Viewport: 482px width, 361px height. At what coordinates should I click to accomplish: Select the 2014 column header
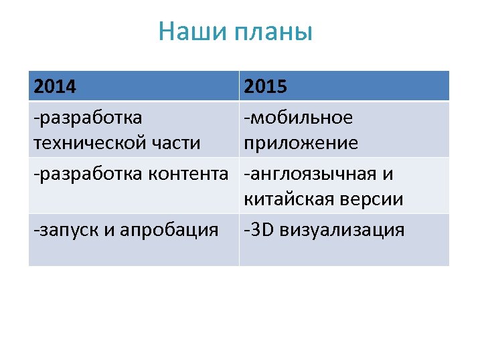point(55,87)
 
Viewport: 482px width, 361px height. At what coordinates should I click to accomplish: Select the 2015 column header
point(266,87)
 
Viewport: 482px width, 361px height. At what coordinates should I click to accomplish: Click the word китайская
point(289,199)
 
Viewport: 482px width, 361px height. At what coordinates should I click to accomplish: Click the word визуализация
point(342,231)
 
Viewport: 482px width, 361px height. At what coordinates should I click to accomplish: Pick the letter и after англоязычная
point(388,175)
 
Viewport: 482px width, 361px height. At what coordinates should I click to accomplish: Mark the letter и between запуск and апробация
point(108,231)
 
